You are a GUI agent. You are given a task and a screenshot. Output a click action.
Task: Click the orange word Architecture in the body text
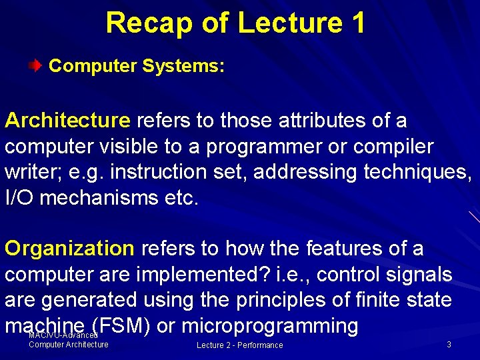(67, 121)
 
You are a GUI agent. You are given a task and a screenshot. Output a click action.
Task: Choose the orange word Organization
(70, 249)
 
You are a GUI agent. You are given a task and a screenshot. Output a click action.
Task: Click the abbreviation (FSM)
(123, 325)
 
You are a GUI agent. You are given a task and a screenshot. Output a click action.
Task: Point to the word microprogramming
(270, 325)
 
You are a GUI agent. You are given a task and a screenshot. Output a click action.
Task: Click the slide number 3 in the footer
(449, 345)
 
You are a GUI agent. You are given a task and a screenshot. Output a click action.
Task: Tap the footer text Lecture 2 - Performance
(239, 345)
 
